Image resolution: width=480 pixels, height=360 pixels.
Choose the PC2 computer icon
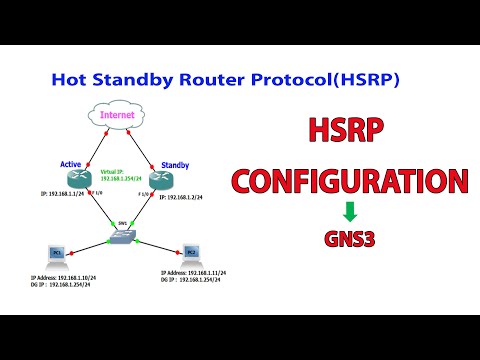[x=191, y=254]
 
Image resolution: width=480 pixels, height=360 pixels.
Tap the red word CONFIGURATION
[x=350, y=182]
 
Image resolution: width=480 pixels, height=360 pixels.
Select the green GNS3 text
[x=350, y=240]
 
